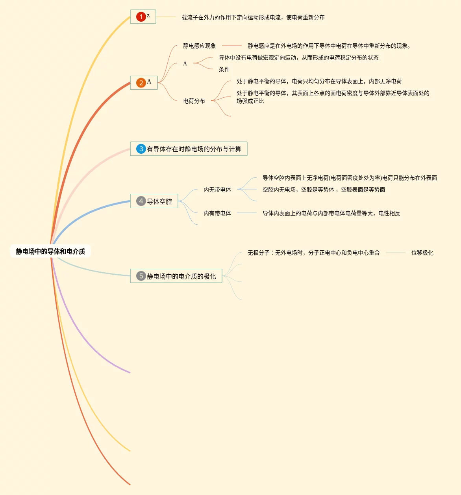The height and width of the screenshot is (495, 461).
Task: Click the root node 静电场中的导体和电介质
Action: pos(50,251)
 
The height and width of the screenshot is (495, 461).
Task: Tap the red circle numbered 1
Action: pos(141,17)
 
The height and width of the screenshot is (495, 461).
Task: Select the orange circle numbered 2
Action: pos(141,83)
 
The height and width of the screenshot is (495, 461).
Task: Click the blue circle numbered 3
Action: pos(141,149)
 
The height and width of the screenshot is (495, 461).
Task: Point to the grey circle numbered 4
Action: pos(141,201)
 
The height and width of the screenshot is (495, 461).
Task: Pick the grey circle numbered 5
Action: pos(141,276)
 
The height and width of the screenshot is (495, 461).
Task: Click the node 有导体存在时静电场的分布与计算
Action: pos(194,149)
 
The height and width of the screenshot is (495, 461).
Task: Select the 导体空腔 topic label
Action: pos(159,201)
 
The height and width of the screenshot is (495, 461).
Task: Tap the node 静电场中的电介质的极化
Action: pos(181,276)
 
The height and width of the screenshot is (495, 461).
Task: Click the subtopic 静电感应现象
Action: pos(200,46)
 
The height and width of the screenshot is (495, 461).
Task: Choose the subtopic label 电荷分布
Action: pos(194,101)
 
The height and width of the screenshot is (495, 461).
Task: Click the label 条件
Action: pos(224,69)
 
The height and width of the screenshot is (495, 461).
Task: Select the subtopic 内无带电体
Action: pos(217,190)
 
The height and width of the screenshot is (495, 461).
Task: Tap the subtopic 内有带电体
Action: pos(217,213)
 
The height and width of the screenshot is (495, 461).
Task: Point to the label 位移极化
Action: pos(422,253)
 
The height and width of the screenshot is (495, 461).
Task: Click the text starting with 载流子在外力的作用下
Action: pos(253,17)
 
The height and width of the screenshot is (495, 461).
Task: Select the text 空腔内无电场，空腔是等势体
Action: pos(324,190)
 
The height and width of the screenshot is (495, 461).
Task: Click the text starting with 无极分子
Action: pos(313,253)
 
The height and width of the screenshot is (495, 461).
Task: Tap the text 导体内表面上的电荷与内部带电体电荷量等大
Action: pos(331,213)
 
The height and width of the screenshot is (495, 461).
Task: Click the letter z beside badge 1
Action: pos(148,16)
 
